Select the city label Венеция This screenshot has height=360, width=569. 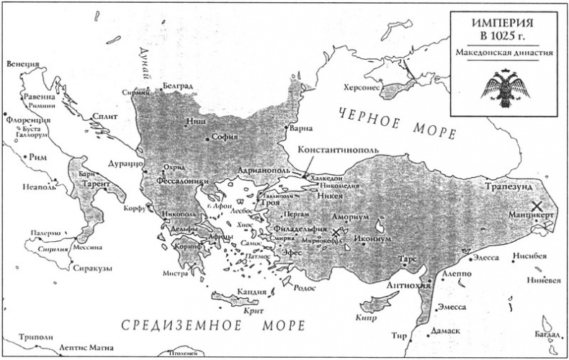coord(22,64)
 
